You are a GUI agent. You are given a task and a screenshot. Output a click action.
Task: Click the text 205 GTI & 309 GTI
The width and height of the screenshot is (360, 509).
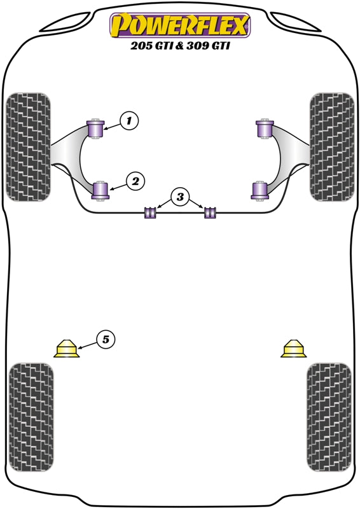pos(180,47)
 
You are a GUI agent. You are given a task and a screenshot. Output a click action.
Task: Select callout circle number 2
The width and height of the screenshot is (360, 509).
pos(134,181)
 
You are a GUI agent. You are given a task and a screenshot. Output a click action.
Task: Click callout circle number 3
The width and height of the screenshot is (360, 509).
pos(180,197)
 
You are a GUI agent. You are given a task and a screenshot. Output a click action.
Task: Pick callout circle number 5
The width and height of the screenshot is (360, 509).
pos(106,340)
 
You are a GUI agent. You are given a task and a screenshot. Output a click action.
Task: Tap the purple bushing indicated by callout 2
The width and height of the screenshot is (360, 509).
pos(100,190)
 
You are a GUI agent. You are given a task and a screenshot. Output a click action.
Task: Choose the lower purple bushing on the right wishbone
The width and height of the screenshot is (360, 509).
pos(260,190)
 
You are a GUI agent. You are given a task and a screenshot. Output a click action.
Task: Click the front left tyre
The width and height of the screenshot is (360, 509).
pos(28,146)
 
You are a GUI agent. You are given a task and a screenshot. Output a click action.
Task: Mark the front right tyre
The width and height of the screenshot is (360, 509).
pos(331,146)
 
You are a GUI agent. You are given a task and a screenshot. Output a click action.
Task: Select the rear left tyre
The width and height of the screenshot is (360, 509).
pos(31,417)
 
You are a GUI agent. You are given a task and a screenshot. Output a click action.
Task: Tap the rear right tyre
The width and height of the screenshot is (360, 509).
pos(329,417)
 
